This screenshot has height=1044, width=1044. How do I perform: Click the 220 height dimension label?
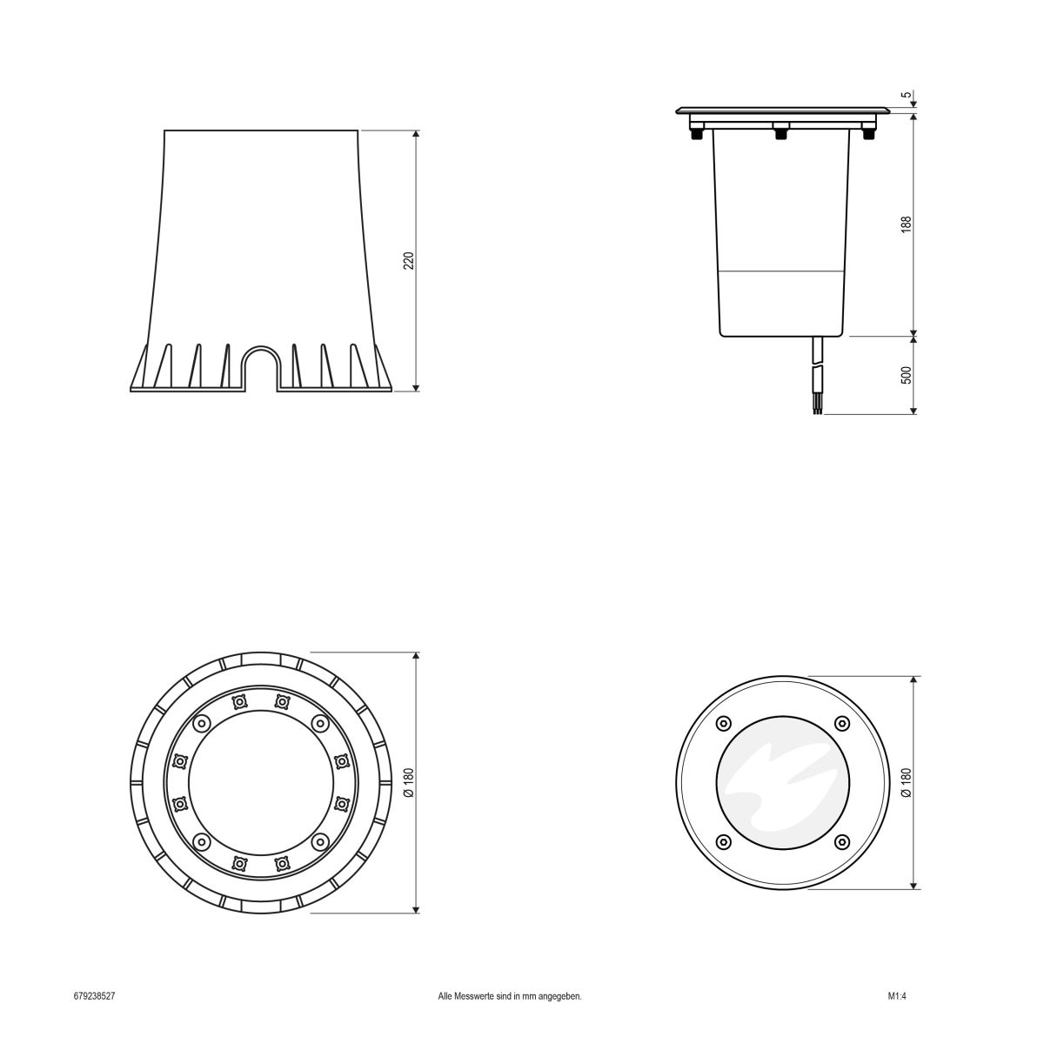coord(408,261)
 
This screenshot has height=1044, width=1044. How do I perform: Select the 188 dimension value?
coord(906,224)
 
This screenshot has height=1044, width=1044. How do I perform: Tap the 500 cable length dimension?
coord(906,375)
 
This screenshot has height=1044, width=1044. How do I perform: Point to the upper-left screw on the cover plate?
coord(722,724)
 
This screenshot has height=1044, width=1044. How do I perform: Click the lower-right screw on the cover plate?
coord(841,841)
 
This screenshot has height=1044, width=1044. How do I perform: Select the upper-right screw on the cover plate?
coord(841,724)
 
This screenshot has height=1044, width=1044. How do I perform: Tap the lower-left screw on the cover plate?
coord(722,841)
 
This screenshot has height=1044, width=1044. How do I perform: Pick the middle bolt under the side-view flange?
coord(780,133)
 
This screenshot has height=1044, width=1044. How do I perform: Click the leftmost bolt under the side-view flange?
coord(696,133)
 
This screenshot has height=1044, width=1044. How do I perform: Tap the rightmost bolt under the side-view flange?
coord(867,133)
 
